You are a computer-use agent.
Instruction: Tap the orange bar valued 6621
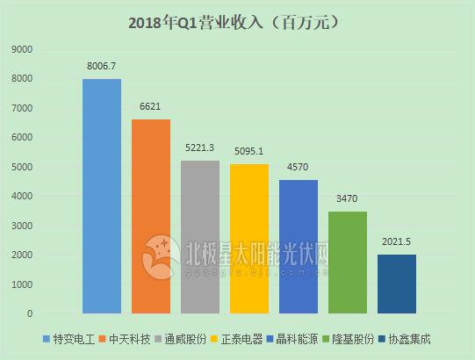pyautogui.click(x=151, y=216)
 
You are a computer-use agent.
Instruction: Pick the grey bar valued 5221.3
pyautogui.click(x=200, y=237)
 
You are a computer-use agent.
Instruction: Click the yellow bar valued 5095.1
pyautogui.click(x=249, y=239)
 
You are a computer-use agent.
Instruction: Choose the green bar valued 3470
pyautogui.click(x=348, y=263)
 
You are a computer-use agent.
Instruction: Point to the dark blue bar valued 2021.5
pyautogui.click(x=397, y=284)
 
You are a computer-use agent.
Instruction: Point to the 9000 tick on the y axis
pyautogui.click(x=23, y=49)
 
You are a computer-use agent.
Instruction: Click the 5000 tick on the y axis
pyautogui.click(x=23, y=167)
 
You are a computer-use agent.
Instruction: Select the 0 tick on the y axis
pyautogui.click(x=29, y=313)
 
